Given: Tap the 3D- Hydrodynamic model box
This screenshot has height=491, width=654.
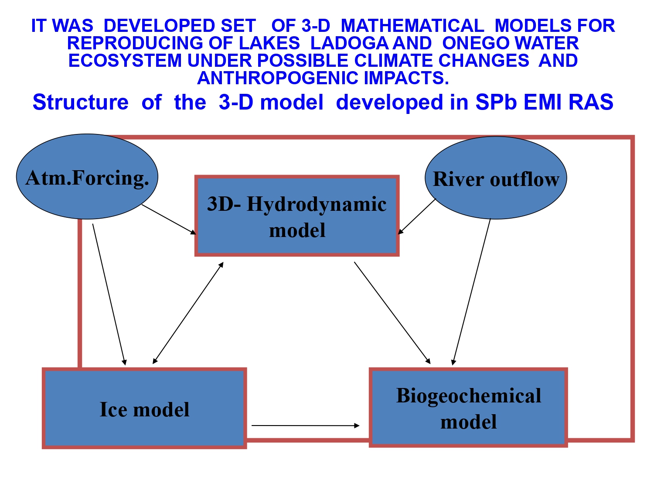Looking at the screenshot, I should coord(297,216).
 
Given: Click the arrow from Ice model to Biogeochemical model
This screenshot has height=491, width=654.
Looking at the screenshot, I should coord(305,425).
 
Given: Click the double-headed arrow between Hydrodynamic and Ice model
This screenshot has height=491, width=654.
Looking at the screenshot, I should coord(188,313).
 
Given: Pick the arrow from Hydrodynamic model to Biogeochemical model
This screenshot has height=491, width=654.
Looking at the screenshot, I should coord(392,312).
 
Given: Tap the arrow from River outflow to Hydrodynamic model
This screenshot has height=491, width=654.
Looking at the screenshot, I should coord(417,216).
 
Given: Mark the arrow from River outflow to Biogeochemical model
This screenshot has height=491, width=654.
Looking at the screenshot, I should coord(472,292).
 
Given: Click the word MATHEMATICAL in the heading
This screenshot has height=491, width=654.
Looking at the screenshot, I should coord(412,26).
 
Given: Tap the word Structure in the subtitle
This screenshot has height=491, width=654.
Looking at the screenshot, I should coord(81,102).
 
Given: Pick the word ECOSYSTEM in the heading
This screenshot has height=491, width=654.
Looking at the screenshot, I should coord(125,61).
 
